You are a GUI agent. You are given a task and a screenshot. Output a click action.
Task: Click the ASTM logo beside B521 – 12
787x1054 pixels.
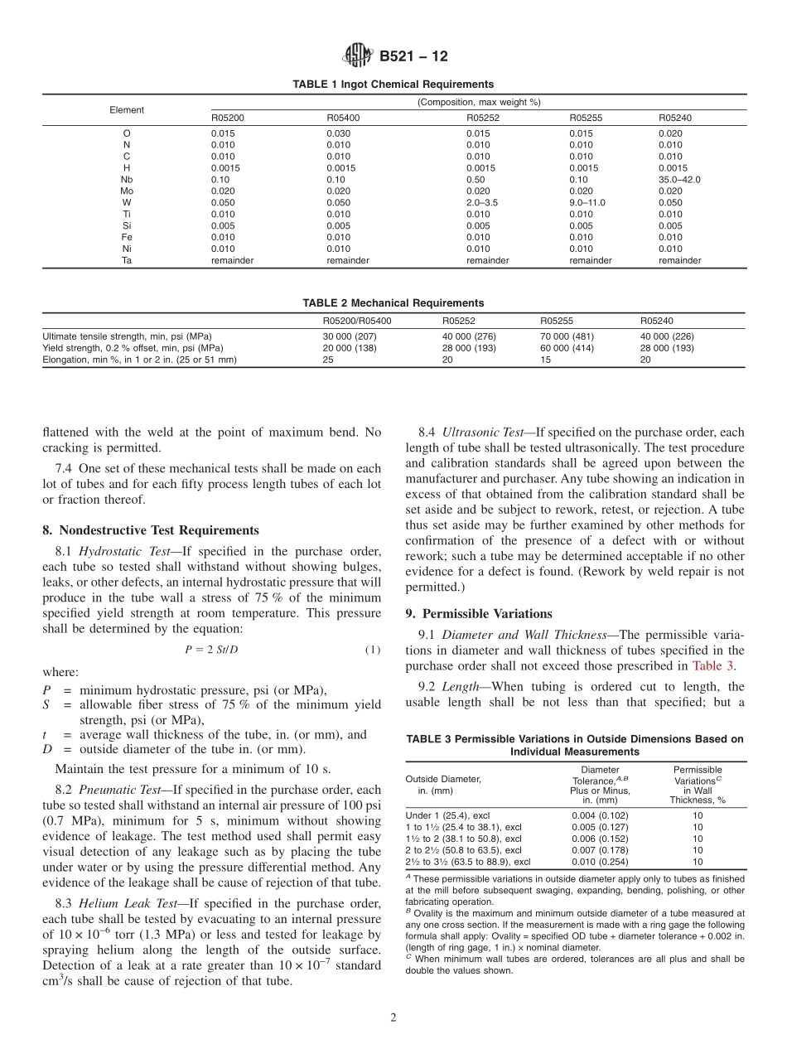click(359, 56)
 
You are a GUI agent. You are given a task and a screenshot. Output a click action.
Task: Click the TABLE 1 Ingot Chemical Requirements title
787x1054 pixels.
click(393, 85)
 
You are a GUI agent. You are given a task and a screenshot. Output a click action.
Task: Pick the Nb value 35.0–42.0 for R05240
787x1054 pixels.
click(682, 179)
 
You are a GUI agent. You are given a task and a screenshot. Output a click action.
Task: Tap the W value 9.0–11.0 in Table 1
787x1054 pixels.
click(589, 202)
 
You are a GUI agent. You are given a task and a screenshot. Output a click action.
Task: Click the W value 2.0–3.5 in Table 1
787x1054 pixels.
click(484, 202)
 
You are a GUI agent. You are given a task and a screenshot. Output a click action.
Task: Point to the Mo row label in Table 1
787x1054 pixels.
click(127, 191)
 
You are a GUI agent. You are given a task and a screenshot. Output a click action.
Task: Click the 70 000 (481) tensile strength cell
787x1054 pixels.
click(567, 336)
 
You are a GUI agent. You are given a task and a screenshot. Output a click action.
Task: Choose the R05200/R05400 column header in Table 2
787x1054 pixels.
click(357, 321)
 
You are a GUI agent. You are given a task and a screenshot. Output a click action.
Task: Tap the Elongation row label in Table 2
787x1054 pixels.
click(139, 360)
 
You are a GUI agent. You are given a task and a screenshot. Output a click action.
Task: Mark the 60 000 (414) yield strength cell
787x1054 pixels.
click(567, 348)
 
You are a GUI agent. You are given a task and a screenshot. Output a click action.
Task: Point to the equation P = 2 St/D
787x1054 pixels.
click(211, 650)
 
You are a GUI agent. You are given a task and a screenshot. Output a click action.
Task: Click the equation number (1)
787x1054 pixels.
click(373, 650)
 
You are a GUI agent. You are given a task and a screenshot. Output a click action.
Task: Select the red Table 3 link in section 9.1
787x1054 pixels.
click(712, 665)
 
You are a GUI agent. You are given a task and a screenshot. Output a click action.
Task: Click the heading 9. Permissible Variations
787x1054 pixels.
click(479, 614)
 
